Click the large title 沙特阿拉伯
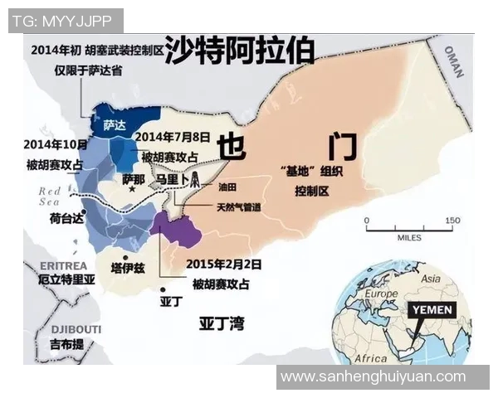240,51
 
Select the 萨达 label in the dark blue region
115,124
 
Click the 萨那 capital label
133,178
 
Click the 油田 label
227,187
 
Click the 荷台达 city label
66,218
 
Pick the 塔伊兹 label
128,268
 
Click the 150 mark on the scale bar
452,221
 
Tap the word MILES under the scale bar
408,238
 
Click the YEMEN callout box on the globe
432,308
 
